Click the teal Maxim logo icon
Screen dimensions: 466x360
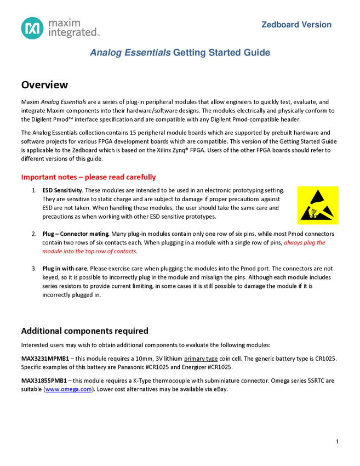click(32, 27)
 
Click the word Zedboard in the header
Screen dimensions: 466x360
click(280, 25)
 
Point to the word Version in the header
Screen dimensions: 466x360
click(316, 25)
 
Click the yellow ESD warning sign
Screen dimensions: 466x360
click(318, 205)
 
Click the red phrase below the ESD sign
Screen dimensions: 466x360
click(305, 243)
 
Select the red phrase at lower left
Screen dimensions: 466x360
click(90, 252)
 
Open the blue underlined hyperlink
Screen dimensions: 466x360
click(68, 390)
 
